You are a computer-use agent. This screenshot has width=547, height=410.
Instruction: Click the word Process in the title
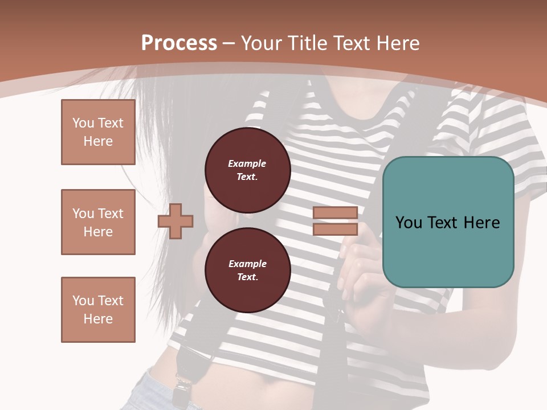tap(179, 43)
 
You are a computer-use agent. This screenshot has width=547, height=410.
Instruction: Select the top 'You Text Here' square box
tap(98, 132)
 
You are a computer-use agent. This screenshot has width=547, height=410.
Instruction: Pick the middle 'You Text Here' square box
tap(98, 222)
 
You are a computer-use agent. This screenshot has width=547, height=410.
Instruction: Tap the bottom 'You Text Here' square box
tap(98, 310)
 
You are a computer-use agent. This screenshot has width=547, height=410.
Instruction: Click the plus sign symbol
tap(175, 221)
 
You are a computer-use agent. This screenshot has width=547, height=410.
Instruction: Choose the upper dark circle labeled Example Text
tap(247, 170)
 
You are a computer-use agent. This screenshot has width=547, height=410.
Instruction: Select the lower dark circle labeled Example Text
tap(247, 270)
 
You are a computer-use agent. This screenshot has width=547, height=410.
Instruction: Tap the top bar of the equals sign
tap(335, 213)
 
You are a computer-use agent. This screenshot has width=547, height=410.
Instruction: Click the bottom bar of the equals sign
tap(335, 229)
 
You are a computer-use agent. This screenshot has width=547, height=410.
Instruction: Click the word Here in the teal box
tap(481, 223)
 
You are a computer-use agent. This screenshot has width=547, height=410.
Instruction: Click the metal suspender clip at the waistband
tap(182, 387)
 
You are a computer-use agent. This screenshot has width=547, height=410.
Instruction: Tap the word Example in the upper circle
tap(247, 163)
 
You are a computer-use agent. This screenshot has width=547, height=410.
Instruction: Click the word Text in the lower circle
tap(247, 277)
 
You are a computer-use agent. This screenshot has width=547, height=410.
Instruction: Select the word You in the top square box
tap(83, 123)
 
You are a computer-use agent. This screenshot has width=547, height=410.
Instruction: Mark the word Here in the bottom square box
tap(98, 319)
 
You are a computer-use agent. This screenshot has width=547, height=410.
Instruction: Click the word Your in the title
tap(262, 43)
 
